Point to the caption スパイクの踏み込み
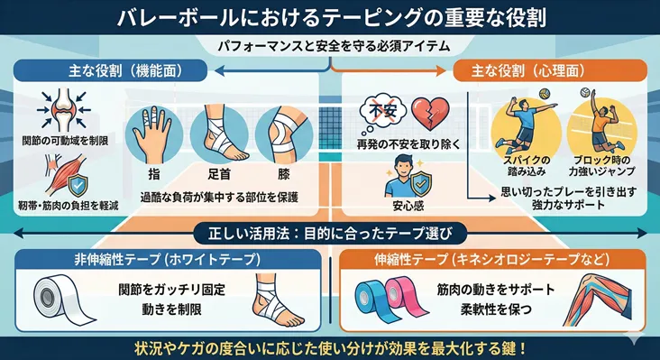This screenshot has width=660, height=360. pyautogui.click(x=519, y=167)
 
